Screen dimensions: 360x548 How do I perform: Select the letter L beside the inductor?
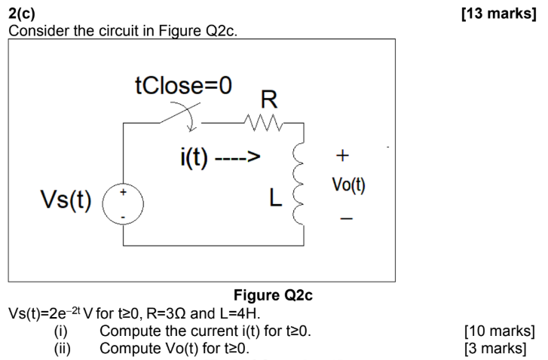click(x=277, y=199)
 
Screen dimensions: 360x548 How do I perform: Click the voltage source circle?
click(x=124, y=204)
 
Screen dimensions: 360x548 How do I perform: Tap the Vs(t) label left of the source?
click(x=66, y=201)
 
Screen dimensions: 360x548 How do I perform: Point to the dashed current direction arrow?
click(x=237, y=159)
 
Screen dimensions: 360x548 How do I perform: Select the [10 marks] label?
click(x=500, y=331)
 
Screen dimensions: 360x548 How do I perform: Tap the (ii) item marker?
click(x=63, y=348)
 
